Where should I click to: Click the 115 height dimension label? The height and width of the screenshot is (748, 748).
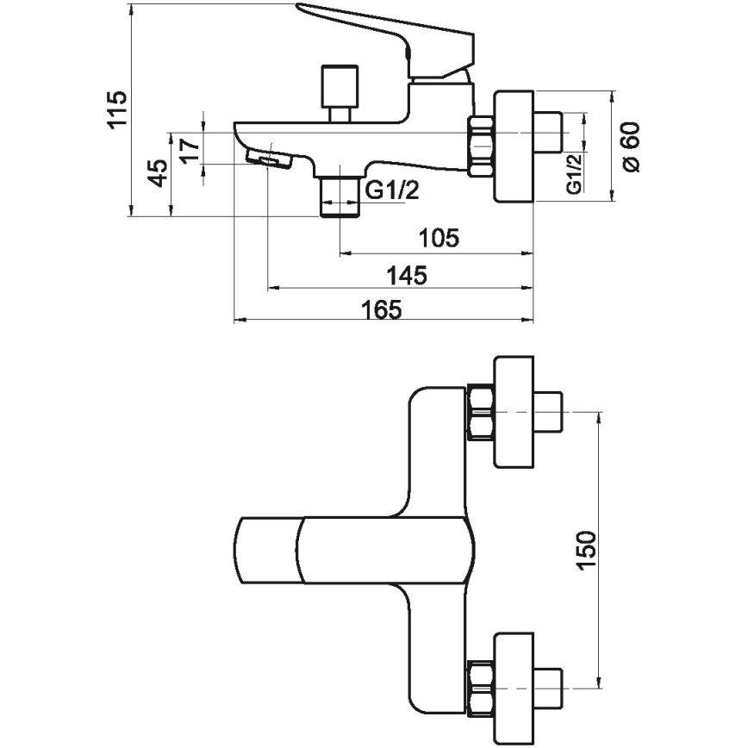(117, 109)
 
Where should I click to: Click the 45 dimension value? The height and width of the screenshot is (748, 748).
(157, 172)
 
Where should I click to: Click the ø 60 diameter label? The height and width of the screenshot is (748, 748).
(632, 146)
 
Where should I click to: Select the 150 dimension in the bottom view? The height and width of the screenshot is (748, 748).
(586, 549)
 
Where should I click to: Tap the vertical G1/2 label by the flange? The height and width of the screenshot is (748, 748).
(571, 172)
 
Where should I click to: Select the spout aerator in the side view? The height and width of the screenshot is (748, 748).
(268, 159)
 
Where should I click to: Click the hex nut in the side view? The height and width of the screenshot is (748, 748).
(481, 146)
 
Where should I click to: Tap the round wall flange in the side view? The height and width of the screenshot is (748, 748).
(514, 146)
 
